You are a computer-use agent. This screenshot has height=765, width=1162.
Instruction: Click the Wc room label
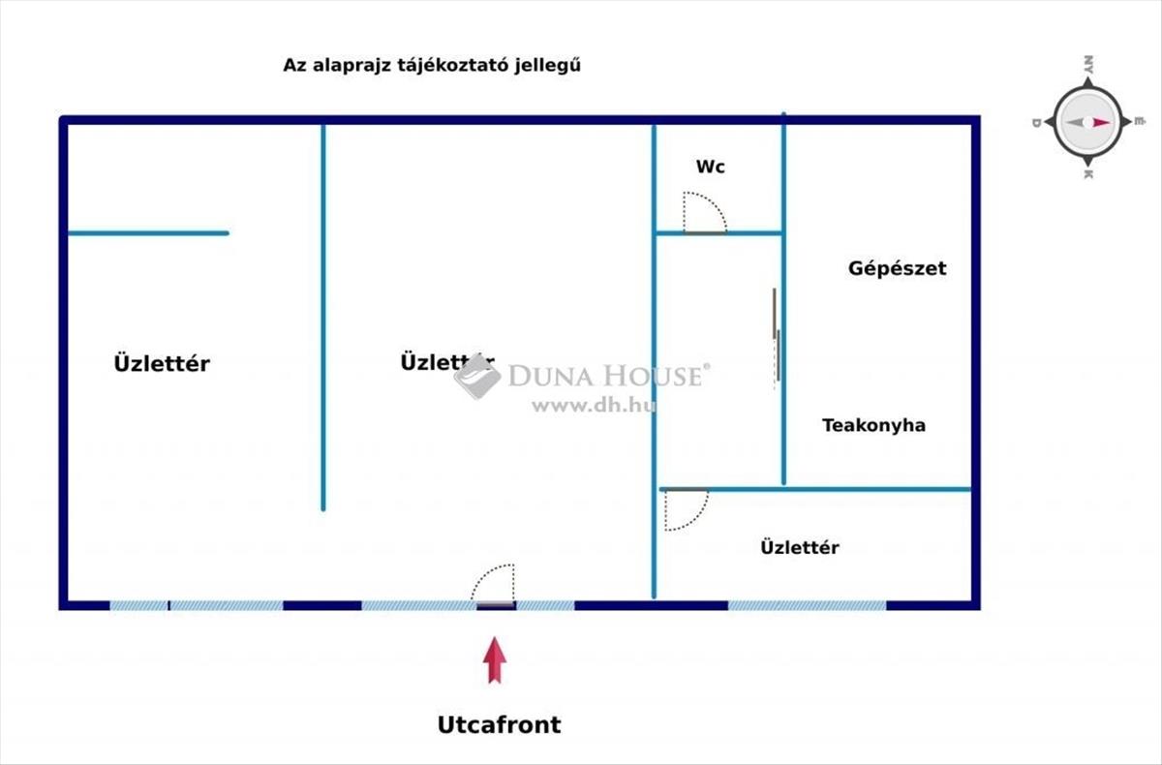point(710,167)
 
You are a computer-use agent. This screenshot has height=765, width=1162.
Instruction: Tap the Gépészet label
point(897,268)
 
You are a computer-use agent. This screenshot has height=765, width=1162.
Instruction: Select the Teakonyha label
point(873,425)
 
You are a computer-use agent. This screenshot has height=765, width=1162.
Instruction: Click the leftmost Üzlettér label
point(162,364)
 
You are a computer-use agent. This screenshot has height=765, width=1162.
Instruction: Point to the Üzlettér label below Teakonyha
point(799,548)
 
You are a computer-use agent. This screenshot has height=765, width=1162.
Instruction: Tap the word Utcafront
point(499,724)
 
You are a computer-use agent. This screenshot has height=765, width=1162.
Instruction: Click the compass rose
point(1086,122)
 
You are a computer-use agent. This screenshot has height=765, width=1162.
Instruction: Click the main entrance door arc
point(494,583)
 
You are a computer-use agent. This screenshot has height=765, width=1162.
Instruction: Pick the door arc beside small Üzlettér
point(686,510)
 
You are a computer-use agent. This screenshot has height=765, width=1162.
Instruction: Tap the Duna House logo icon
point(476,376)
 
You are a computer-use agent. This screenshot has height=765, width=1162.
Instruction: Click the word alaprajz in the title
point(337,66)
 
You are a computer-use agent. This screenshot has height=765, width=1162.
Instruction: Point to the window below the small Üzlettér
point(807,605)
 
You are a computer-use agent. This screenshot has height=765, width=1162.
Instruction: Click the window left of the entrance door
point(418,605)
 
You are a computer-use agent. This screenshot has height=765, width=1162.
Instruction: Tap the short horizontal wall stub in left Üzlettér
point(147,233)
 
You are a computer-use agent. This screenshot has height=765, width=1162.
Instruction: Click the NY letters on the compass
point(1087,65)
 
